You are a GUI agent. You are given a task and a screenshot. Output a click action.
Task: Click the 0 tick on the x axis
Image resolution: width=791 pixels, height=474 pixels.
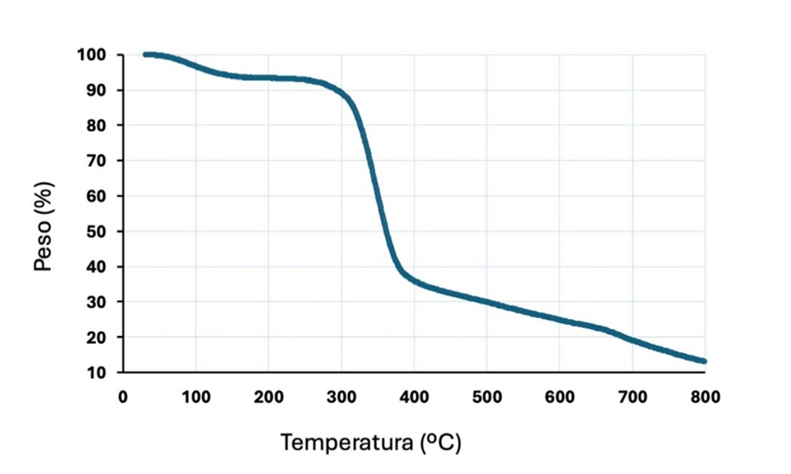click(123, 397)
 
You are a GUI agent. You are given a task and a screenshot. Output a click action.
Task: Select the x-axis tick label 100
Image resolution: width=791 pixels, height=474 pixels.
click(195, 397)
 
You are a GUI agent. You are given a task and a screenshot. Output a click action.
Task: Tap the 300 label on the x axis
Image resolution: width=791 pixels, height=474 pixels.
click(341, 397)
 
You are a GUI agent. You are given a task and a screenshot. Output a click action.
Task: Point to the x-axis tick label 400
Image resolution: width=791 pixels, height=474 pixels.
click(414, 397)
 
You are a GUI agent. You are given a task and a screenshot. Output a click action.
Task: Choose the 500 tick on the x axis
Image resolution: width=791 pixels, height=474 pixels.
click(486, 397)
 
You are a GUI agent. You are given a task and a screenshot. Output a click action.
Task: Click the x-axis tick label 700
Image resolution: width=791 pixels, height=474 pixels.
click(632, 397)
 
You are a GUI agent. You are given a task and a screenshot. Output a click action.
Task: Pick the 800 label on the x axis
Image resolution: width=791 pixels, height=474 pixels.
click(705, 397)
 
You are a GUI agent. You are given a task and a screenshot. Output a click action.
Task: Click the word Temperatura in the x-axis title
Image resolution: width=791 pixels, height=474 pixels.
click(345, 444)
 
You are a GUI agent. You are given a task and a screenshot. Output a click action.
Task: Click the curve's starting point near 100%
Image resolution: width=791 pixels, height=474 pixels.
click(145, 54)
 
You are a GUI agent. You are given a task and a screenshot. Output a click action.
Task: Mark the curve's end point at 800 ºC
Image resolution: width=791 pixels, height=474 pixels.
click(704, 361)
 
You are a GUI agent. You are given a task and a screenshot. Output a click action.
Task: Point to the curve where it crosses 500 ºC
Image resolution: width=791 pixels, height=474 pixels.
click(486, 302)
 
